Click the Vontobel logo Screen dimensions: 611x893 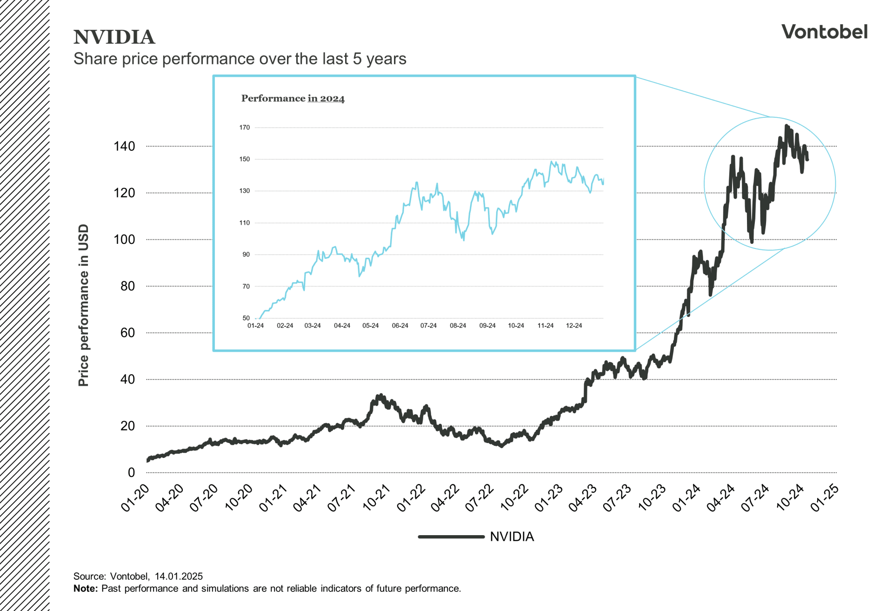(824, 32)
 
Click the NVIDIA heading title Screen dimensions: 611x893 (114, 37)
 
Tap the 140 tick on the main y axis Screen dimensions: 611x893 (124, 146)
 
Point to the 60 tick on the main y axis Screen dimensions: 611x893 (127, 333)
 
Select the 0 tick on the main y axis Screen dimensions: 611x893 (131, 472)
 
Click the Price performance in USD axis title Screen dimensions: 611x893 (83, 305)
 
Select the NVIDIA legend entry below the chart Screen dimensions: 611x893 (512, 537)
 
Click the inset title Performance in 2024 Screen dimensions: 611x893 (293, 98)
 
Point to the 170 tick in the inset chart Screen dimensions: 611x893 (245, 127)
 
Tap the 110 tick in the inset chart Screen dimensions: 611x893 (245, 222)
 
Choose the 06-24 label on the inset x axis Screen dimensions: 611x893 (400, 326)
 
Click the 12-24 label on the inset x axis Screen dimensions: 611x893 (573, 326)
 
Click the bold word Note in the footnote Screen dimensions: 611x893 (85, 588)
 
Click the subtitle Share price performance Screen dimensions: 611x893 (240, 59)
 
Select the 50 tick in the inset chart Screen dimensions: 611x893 (246, 318)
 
